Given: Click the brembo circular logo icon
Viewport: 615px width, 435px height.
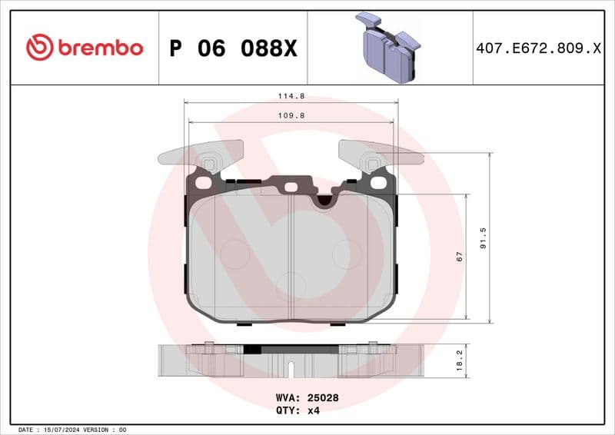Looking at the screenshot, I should (x=39, y=48).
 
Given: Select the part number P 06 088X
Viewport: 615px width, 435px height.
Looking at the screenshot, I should (x=232, y=48).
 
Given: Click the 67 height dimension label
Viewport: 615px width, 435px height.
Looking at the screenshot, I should (x=459, y=257).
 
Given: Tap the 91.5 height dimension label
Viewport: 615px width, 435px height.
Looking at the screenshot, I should (x=483, y=237).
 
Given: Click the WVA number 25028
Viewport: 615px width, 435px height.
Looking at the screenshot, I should (x=324, y=398).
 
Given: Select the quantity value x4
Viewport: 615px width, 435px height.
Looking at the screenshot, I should (x=313, y=410).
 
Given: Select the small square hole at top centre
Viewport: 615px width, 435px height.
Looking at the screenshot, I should (x=291, y=187).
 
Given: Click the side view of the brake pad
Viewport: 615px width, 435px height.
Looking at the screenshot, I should (x=291, y=360).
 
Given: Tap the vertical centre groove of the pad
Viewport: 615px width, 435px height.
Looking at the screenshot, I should (x=295, y=261).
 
